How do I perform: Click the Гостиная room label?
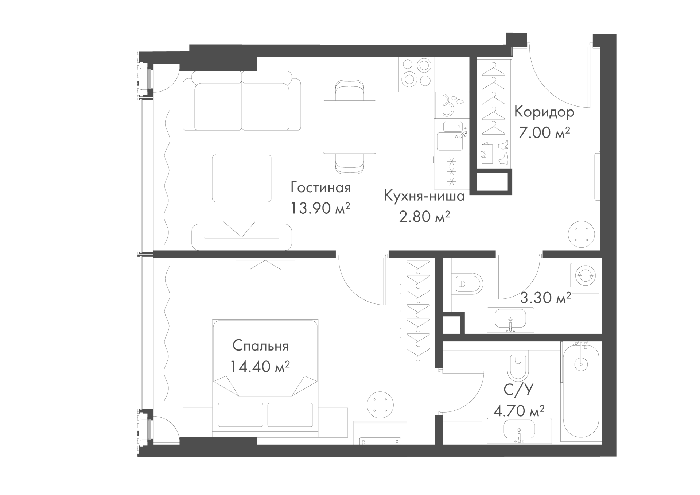320,188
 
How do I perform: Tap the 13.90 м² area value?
320,208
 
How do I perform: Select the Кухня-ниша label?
424,197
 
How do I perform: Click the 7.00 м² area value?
544,133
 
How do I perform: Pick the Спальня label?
260,346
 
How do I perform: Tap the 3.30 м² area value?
545,298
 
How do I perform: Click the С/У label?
518,390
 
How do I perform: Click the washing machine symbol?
586,276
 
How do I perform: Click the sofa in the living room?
242,101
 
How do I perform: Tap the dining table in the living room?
350,127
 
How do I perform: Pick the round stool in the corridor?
582,234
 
